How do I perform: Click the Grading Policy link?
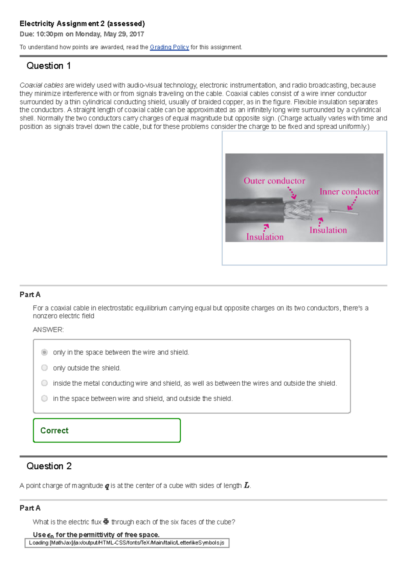[169, 47]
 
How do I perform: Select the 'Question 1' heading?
[48, 66]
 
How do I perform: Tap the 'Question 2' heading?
[49, 466]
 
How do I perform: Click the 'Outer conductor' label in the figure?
[274, 181]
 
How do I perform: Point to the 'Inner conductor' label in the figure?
[349, 192]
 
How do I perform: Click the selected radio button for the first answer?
[44, 352]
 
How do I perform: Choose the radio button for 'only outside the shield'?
[44, 368]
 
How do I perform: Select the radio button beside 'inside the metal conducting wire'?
[44, 383]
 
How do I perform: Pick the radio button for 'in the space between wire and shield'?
[44, 398]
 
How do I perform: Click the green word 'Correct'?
[54, 430]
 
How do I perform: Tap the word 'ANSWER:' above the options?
[48, 329]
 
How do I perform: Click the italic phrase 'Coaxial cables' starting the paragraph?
[41, 85]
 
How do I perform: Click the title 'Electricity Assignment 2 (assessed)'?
[82, 24]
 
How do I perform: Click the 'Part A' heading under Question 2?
[30, 508]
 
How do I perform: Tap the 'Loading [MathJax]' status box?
[127, 543]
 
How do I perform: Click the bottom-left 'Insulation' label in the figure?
[265, 237]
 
